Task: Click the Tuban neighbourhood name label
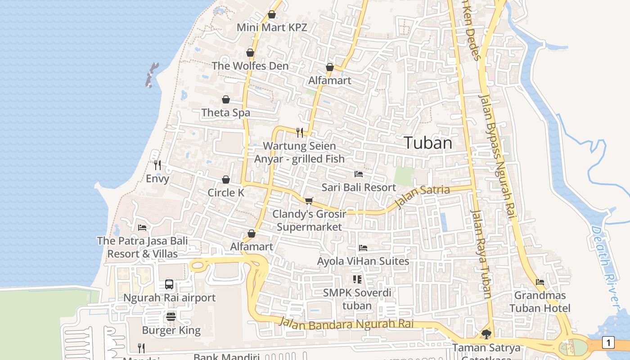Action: [428, 143]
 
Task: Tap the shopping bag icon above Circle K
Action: [226, 180]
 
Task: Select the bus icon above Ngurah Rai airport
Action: [169, 284]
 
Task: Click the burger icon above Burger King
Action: [171, 317]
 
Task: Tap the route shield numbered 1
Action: [608, 343]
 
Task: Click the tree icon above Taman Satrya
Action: [486, 334]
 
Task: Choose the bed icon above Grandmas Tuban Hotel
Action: [540, 282]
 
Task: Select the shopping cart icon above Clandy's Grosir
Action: [309, 201]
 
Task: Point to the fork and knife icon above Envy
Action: [157, 165]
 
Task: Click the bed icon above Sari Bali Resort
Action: [359, 174]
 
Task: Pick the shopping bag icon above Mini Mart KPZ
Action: [272, 14]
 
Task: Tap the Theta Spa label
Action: [226, 112]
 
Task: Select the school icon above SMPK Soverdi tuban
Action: [357, 279]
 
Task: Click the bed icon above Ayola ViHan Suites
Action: [363, 248]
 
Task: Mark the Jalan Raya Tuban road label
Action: [481, 254]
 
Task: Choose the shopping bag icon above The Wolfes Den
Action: [250, 53]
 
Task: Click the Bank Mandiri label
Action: [227, 357]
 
